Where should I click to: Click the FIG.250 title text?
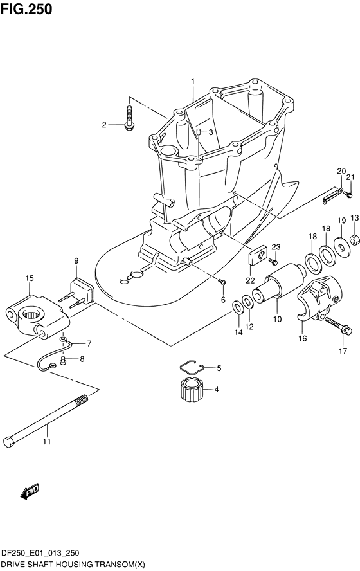(26, 9)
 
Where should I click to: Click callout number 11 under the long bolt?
(46, 442)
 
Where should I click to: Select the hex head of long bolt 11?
(9, 441)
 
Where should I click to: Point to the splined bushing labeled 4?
(191, 389)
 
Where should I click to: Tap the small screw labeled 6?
(222, 282)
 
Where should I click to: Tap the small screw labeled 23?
(274, 262)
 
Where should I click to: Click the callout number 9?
(76, 260)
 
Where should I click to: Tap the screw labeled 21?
(348, 195)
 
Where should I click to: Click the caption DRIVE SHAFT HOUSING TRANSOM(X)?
(73, 564)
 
